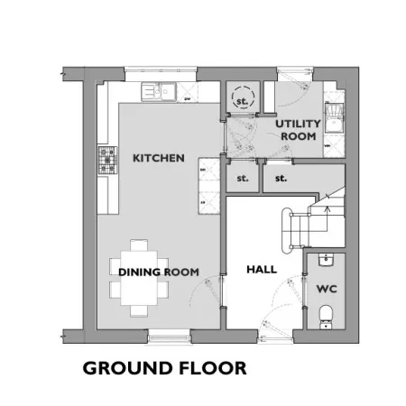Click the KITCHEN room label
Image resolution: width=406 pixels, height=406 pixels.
point(159,158)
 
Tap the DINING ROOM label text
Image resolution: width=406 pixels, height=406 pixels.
point(159,272)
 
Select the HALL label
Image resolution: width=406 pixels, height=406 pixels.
point(262,269)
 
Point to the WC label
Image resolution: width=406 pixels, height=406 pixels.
point(327,289)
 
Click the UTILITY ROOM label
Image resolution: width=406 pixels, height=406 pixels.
point(298,130)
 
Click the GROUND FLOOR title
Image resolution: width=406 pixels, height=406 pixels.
point(164,368)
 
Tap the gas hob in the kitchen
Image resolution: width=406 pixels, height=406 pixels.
point(107,161)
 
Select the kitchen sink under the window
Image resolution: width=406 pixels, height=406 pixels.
point(159,92)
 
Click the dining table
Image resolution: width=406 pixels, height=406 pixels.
point(139,278)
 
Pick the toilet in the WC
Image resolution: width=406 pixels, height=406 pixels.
point(326,317)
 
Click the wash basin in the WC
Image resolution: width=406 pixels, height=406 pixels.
point(326,260)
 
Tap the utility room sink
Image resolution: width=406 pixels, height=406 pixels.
point(334,118)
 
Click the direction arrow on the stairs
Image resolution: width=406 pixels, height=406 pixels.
point(328,218)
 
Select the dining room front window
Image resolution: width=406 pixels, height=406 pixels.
point(169,337)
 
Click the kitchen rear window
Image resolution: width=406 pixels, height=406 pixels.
point(161,73)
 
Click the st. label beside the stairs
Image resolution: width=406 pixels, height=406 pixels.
point(281,179)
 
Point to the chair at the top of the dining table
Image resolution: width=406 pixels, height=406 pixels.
point(139,245)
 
